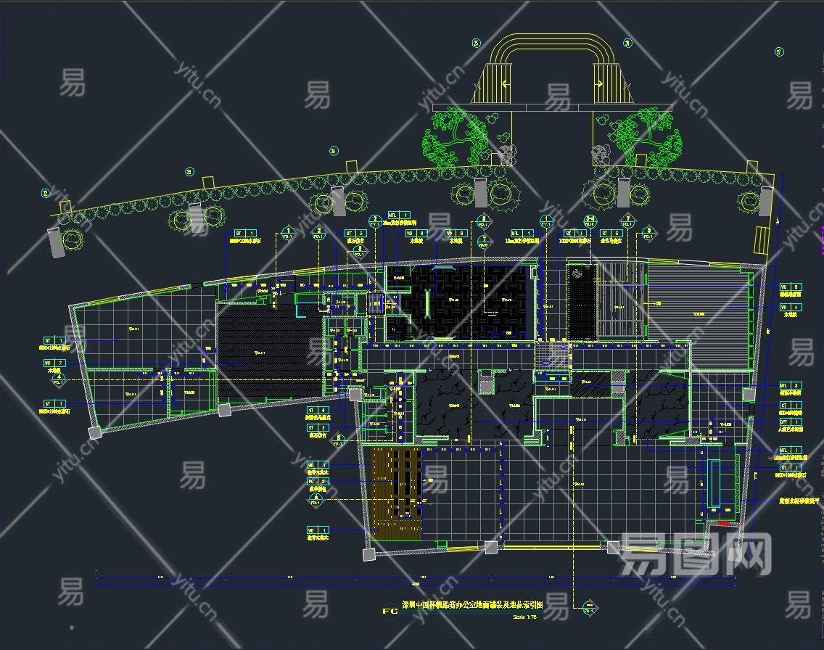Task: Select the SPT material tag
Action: click(x=790, y=421)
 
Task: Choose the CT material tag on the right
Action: click(x=790, y=406)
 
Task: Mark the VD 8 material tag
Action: click(x=791, y=287)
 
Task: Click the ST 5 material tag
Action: click(x=610, y=234)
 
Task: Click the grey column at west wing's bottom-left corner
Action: click(x=94, y=433)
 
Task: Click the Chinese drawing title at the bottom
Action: click(x=482, y=604)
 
